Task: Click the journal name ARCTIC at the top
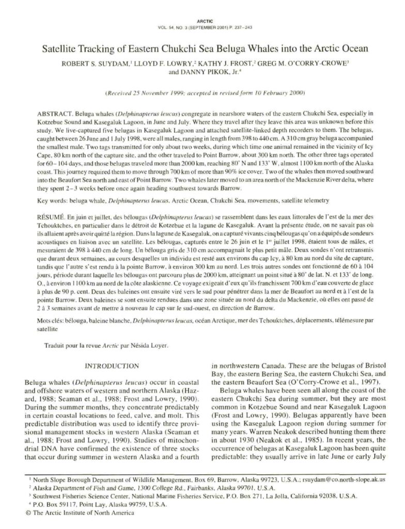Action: [202, 22]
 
